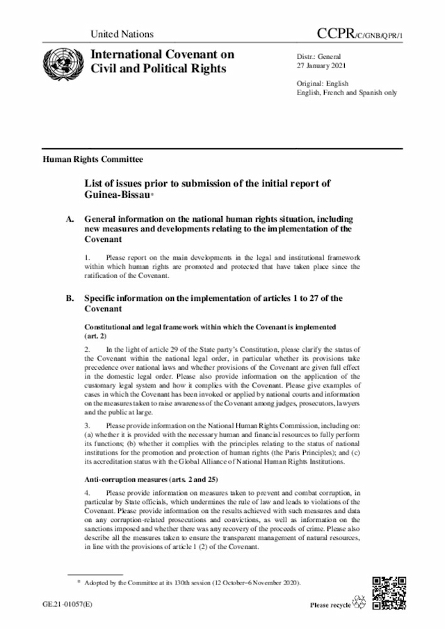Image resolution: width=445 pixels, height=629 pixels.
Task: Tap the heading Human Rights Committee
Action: click(92, 159)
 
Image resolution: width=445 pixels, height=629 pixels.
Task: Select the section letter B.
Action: click(70, 298)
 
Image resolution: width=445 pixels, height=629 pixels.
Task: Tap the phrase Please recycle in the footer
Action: click(331, 606)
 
